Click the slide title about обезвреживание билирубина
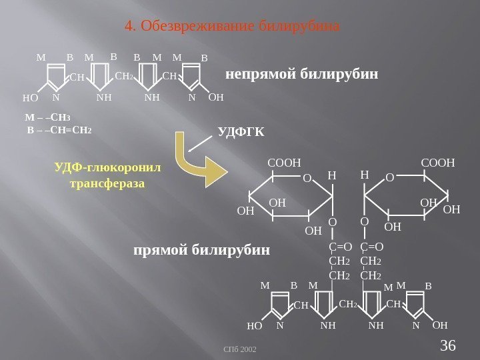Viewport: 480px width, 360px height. [x=233, y=27]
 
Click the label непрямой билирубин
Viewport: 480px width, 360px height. [x=301, y=74]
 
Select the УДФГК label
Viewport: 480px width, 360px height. [x=241, y=132]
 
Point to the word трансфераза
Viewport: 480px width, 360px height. [x=107, y=182]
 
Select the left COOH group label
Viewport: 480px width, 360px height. [x=285, y=162]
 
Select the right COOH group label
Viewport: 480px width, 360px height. [x=438, y=162]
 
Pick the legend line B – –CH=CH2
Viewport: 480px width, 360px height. [x=58, y=129]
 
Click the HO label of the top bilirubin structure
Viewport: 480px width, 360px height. [x=30, y=98]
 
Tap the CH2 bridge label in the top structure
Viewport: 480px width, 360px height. [x=125, y=77]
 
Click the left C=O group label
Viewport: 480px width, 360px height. [x=341, y=248]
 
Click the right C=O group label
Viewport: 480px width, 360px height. [x=371, y=248]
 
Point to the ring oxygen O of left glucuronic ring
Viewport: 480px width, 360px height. [x=307, y=179]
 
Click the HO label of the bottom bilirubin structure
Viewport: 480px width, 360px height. [x=255, y=327]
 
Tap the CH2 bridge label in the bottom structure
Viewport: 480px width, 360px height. [x=349, y=305]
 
